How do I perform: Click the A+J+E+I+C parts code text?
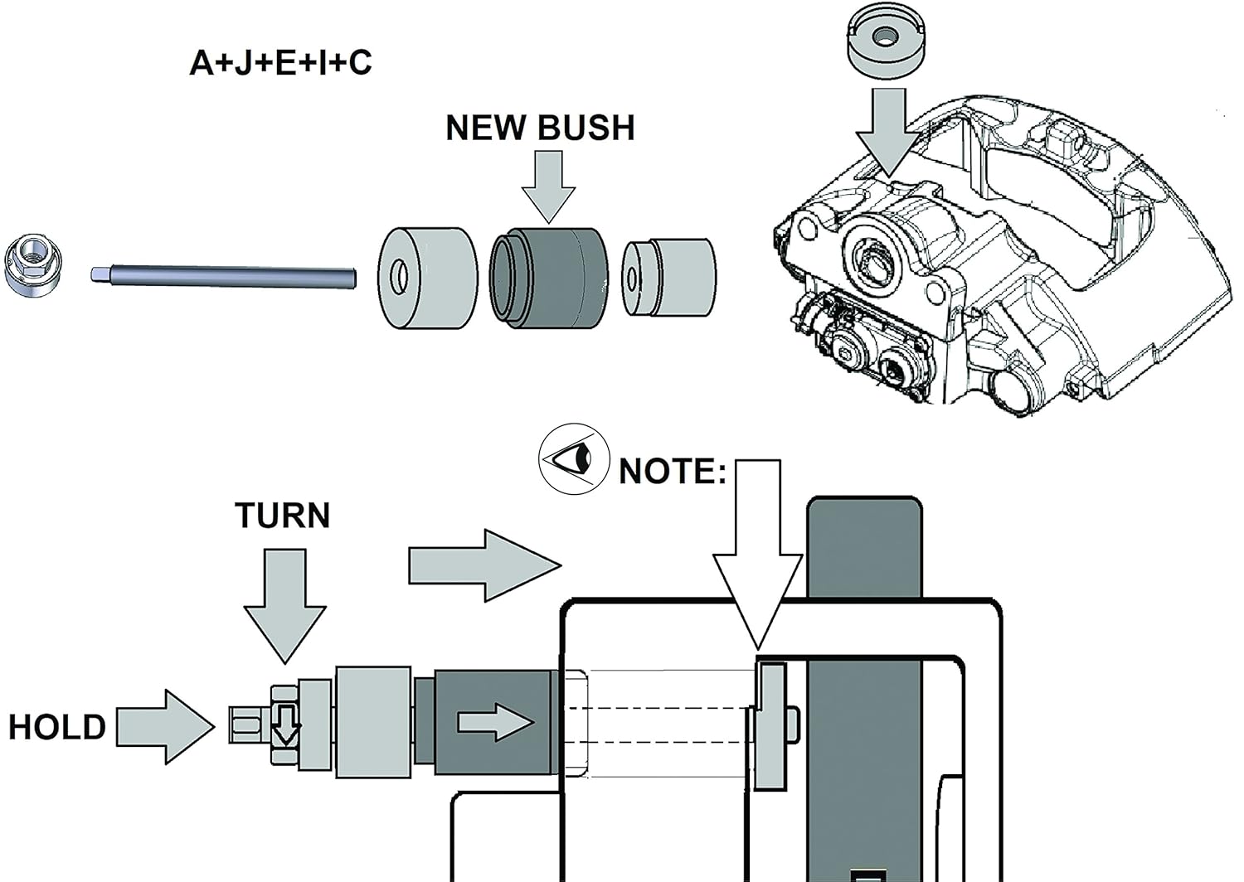[x=280, y=63]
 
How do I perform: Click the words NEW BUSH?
[x=540, y=128]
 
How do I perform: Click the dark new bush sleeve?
[x=549, y=277]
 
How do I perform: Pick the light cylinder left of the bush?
[x=427, y=277]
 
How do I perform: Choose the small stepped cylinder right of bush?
[x=668, y=278]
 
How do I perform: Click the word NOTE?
[x=672, y=472]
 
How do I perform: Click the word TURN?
[x=283, y=516]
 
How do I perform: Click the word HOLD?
[x=57, y=727]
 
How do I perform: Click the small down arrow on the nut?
[x=286, y=724]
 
